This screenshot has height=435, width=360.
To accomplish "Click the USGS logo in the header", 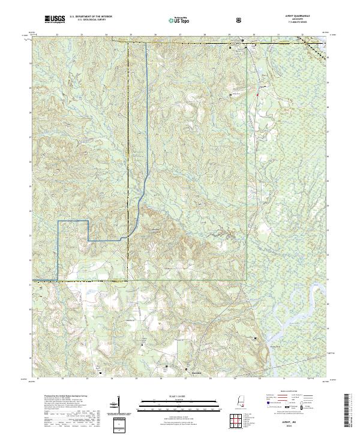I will (55, 20).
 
